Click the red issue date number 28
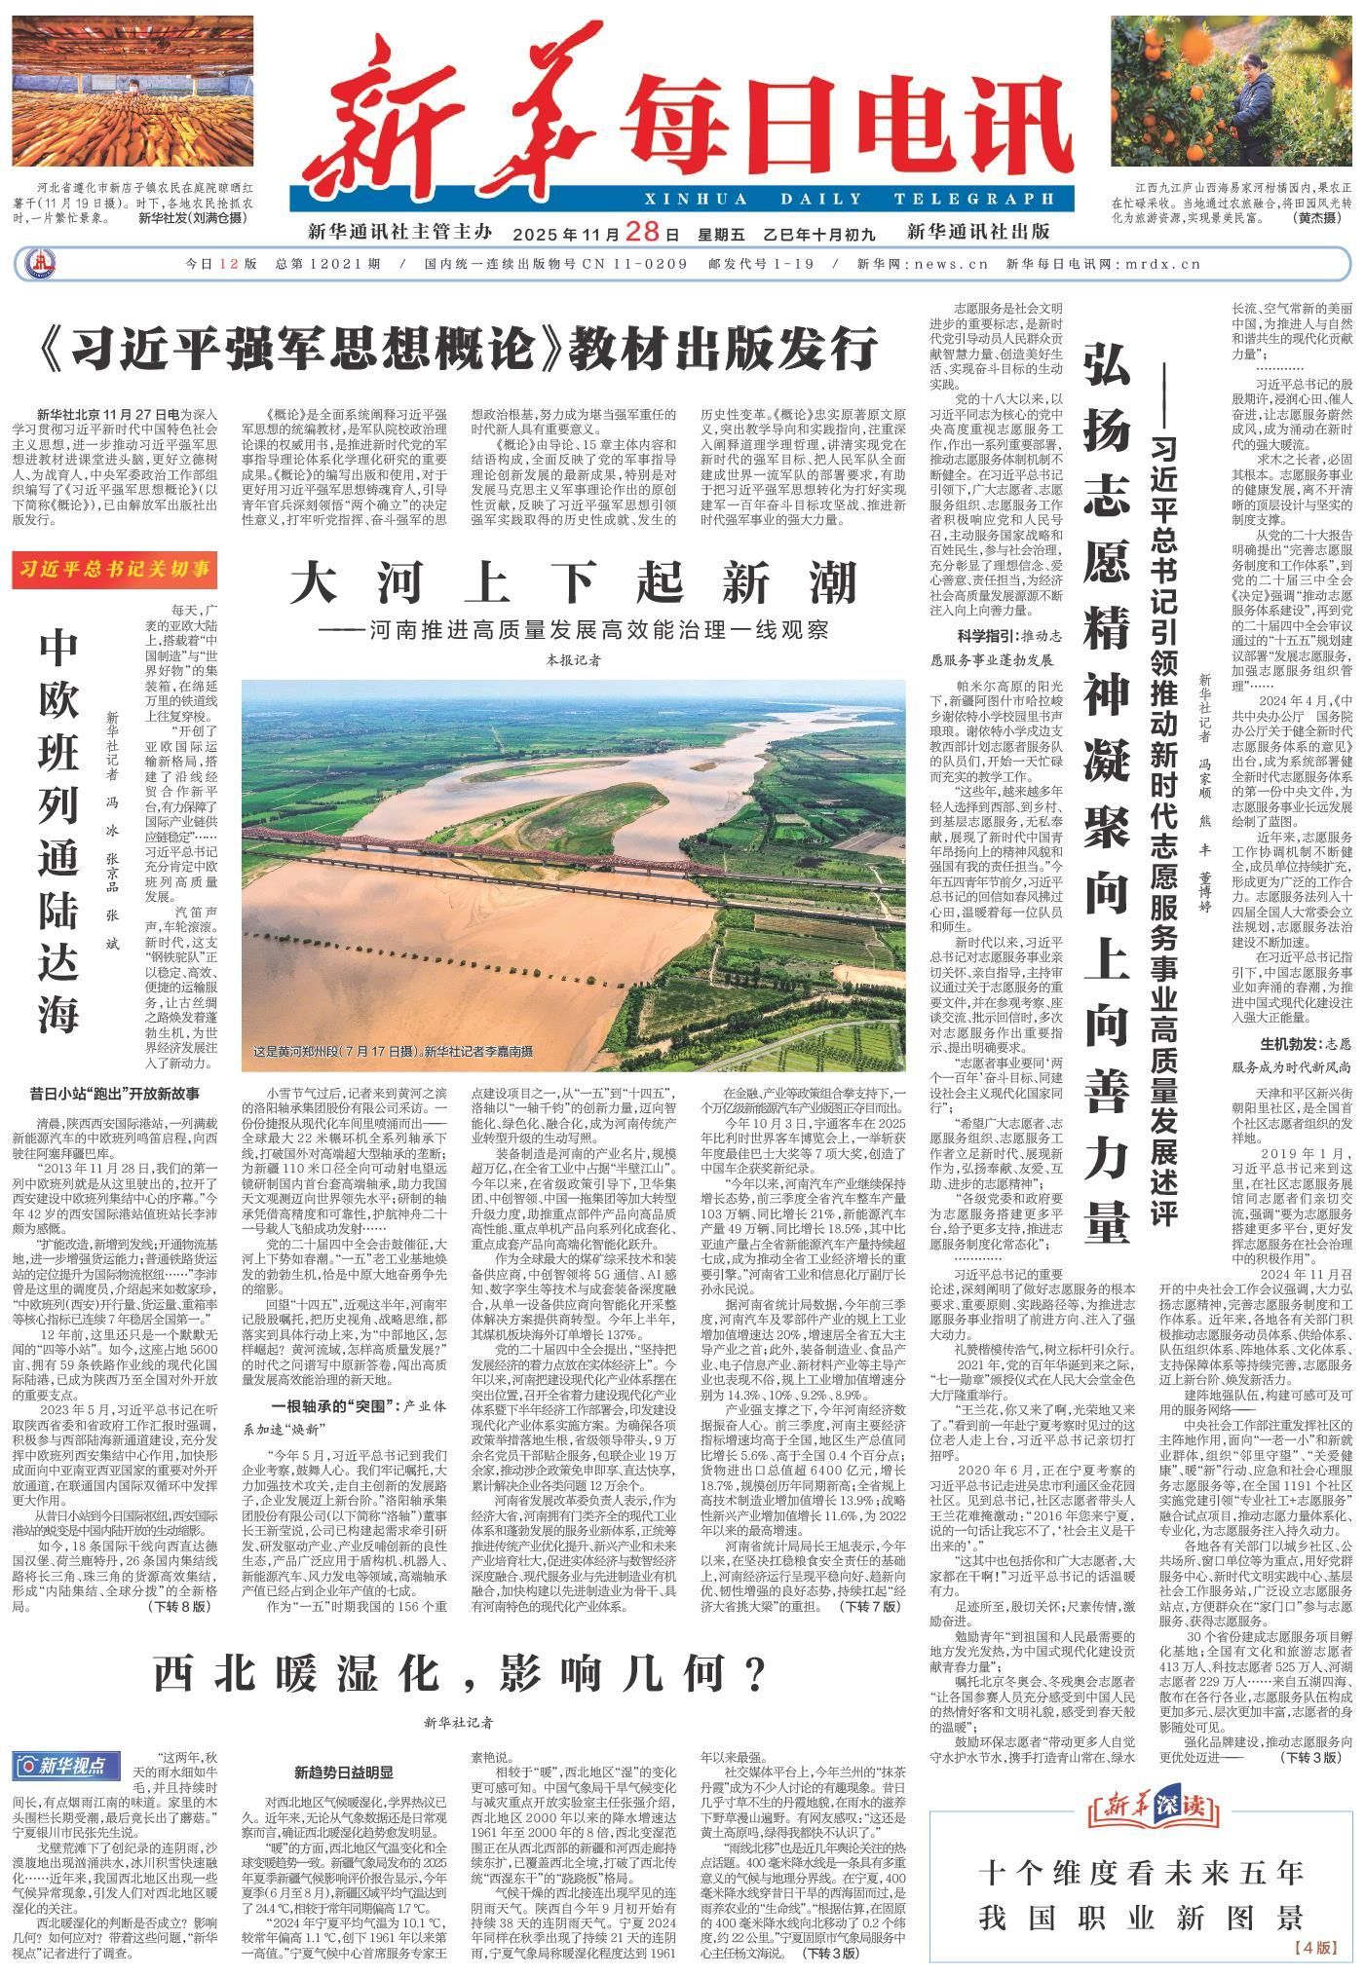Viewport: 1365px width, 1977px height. [x=665, y=233]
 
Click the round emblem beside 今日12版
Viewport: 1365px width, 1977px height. [x=40, y=264]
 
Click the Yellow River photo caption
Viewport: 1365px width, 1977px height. [x=394, y=1053]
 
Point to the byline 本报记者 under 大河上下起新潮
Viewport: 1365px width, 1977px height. [x=573, y=660]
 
